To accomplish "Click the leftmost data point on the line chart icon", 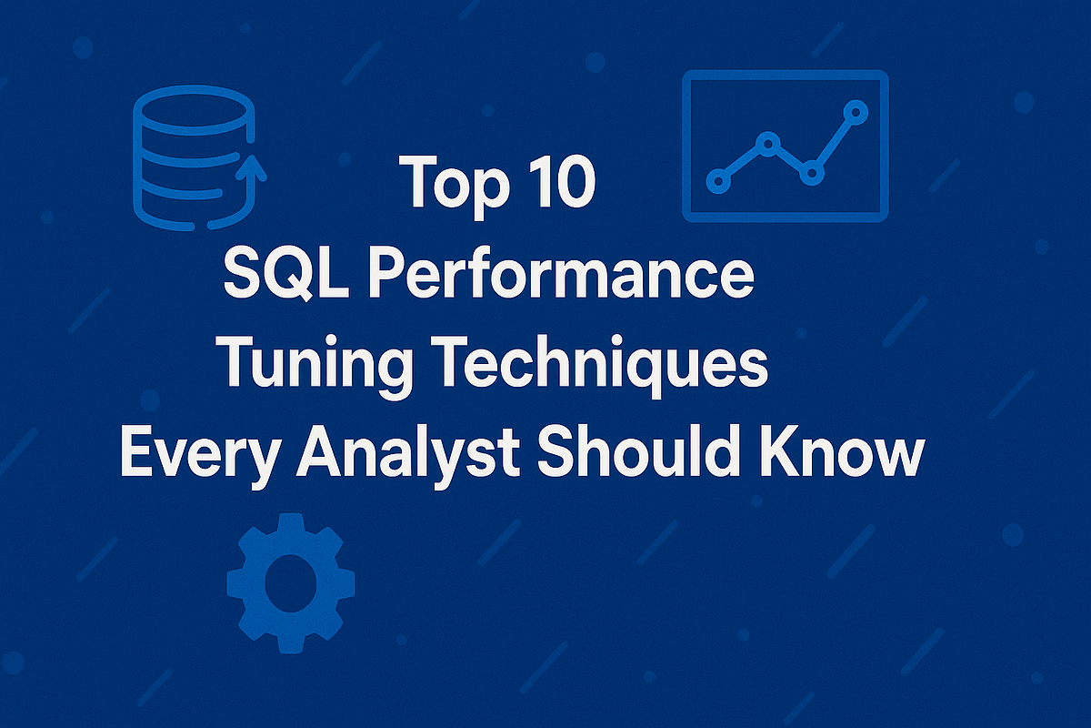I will click(x=719, y=179).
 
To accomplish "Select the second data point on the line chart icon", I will click(x=768, y=143).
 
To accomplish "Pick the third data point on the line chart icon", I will click(x=812, y=171).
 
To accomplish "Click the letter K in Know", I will click(x=788, y=452).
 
